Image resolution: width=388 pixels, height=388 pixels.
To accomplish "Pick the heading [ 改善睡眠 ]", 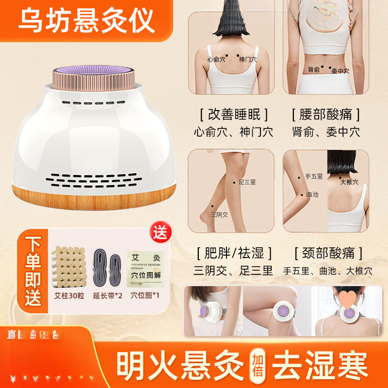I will pos(234,114).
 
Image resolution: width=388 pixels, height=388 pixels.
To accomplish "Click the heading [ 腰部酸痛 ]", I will pos(326,114).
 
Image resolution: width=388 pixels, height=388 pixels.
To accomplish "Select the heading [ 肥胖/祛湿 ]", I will pos(234,253).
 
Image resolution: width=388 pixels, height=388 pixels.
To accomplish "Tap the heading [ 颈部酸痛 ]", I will pos(328,253).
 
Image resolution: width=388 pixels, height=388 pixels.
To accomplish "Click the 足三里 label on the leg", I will pos(247,183).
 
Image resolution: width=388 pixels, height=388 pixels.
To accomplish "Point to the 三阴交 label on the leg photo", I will pos(219,214).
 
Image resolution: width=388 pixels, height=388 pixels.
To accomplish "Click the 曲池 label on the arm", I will pos(312,194).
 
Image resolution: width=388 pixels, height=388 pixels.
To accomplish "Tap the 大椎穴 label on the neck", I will pos(349,182).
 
